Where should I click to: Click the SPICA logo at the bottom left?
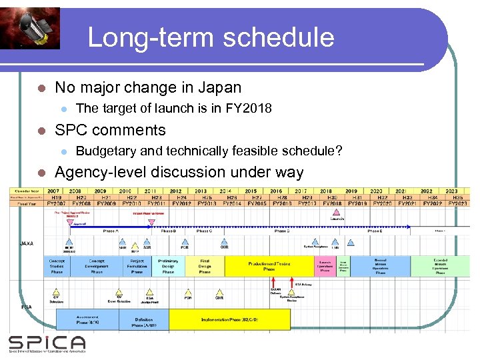[x=47, y=343]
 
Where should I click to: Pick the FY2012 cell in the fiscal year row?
[x=181, y=203]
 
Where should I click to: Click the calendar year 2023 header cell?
[x=451, y=191]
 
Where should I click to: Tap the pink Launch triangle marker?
[x=337, y=213]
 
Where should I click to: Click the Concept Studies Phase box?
[x=57, y=266]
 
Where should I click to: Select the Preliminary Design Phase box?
[x=168, y=266]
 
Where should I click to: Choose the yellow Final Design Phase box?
[x=205, y=266]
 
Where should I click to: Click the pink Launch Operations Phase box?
[x=325, y=266]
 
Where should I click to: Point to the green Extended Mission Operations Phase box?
[x=440, y=266]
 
